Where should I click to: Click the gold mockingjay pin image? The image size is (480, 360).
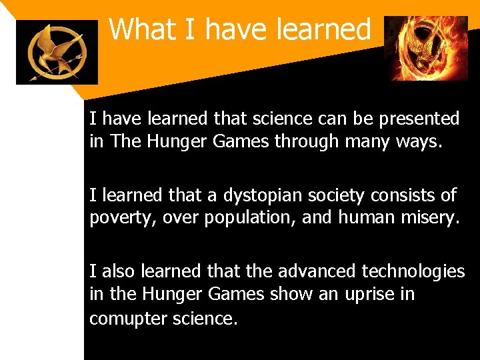[57, 52]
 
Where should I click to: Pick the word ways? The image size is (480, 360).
[421, 142]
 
